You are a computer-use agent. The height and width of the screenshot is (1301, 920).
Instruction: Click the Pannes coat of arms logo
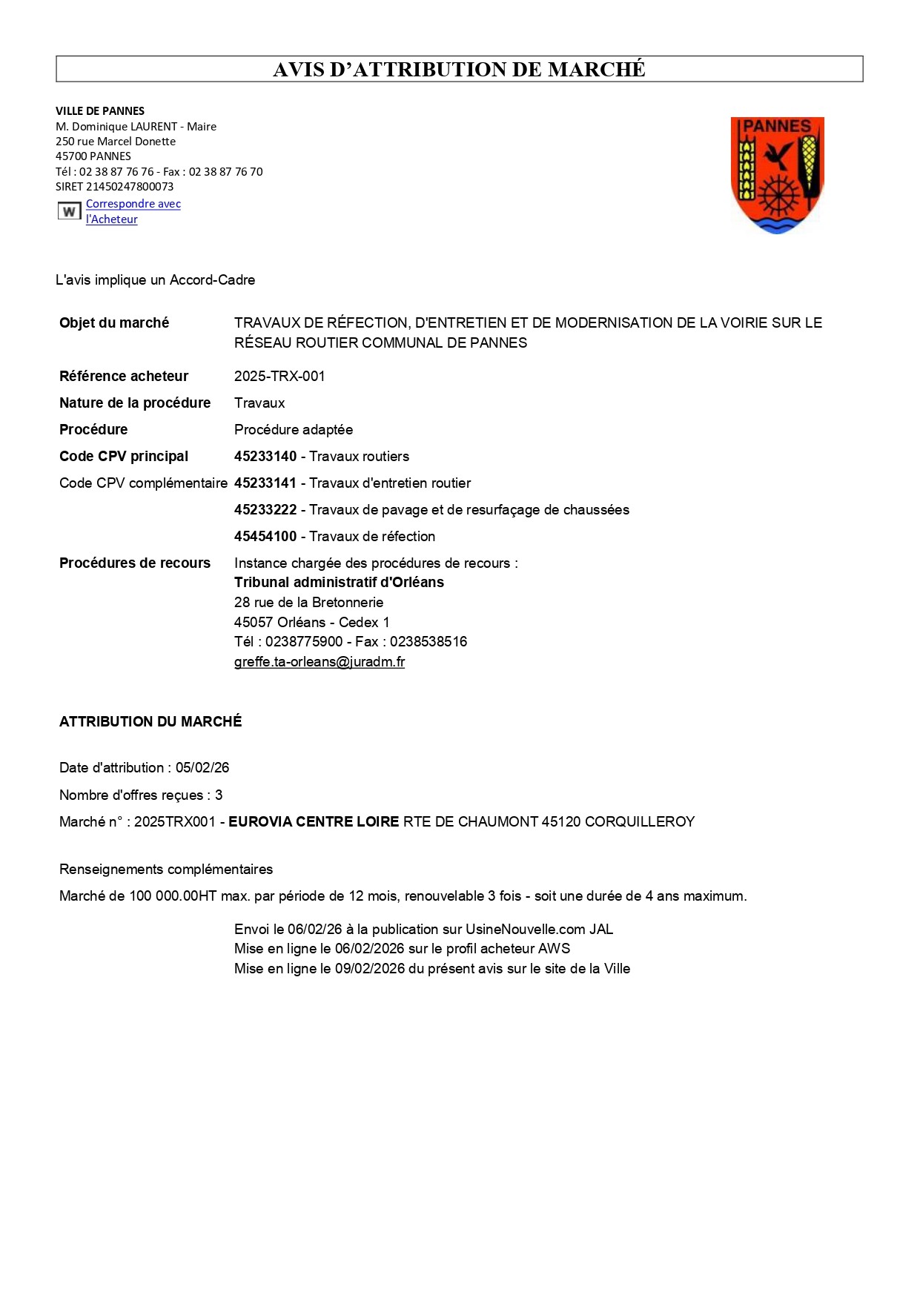(777, 175)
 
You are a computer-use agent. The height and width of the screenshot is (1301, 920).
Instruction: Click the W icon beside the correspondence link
(69, 211)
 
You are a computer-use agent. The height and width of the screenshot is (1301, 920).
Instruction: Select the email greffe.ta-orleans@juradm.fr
(319, 662)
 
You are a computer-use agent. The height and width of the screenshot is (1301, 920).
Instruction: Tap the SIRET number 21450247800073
(130, 187)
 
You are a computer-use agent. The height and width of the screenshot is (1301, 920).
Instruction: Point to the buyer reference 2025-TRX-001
(279, 377)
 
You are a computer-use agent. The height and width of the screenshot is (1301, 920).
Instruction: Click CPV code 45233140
(265, 457)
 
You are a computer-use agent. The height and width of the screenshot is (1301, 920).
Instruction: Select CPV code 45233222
(265, 510)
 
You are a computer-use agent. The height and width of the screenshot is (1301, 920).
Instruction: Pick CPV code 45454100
(265, 537)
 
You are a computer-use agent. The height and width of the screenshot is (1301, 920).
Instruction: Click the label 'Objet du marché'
(114, 323)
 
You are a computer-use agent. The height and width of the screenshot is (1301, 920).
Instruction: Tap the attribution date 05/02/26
(202, 768)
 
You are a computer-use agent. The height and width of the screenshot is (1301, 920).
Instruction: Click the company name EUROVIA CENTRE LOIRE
(314, 822)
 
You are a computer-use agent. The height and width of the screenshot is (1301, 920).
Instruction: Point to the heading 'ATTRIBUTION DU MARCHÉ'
(150, 722)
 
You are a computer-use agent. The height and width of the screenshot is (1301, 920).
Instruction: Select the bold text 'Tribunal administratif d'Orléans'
(339, 583)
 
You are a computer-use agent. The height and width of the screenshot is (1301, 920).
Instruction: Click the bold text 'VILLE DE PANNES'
(100, 111)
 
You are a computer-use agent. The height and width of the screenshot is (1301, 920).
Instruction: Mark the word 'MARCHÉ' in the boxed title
(597, 70)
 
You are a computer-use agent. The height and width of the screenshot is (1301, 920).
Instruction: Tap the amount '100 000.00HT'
(173, 896)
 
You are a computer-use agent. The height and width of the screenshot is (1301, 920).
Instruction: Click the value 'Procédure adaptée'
(294, 430)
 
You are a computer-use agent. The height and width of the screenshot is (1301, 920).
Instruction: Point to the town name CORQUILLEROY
(640, 822)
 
